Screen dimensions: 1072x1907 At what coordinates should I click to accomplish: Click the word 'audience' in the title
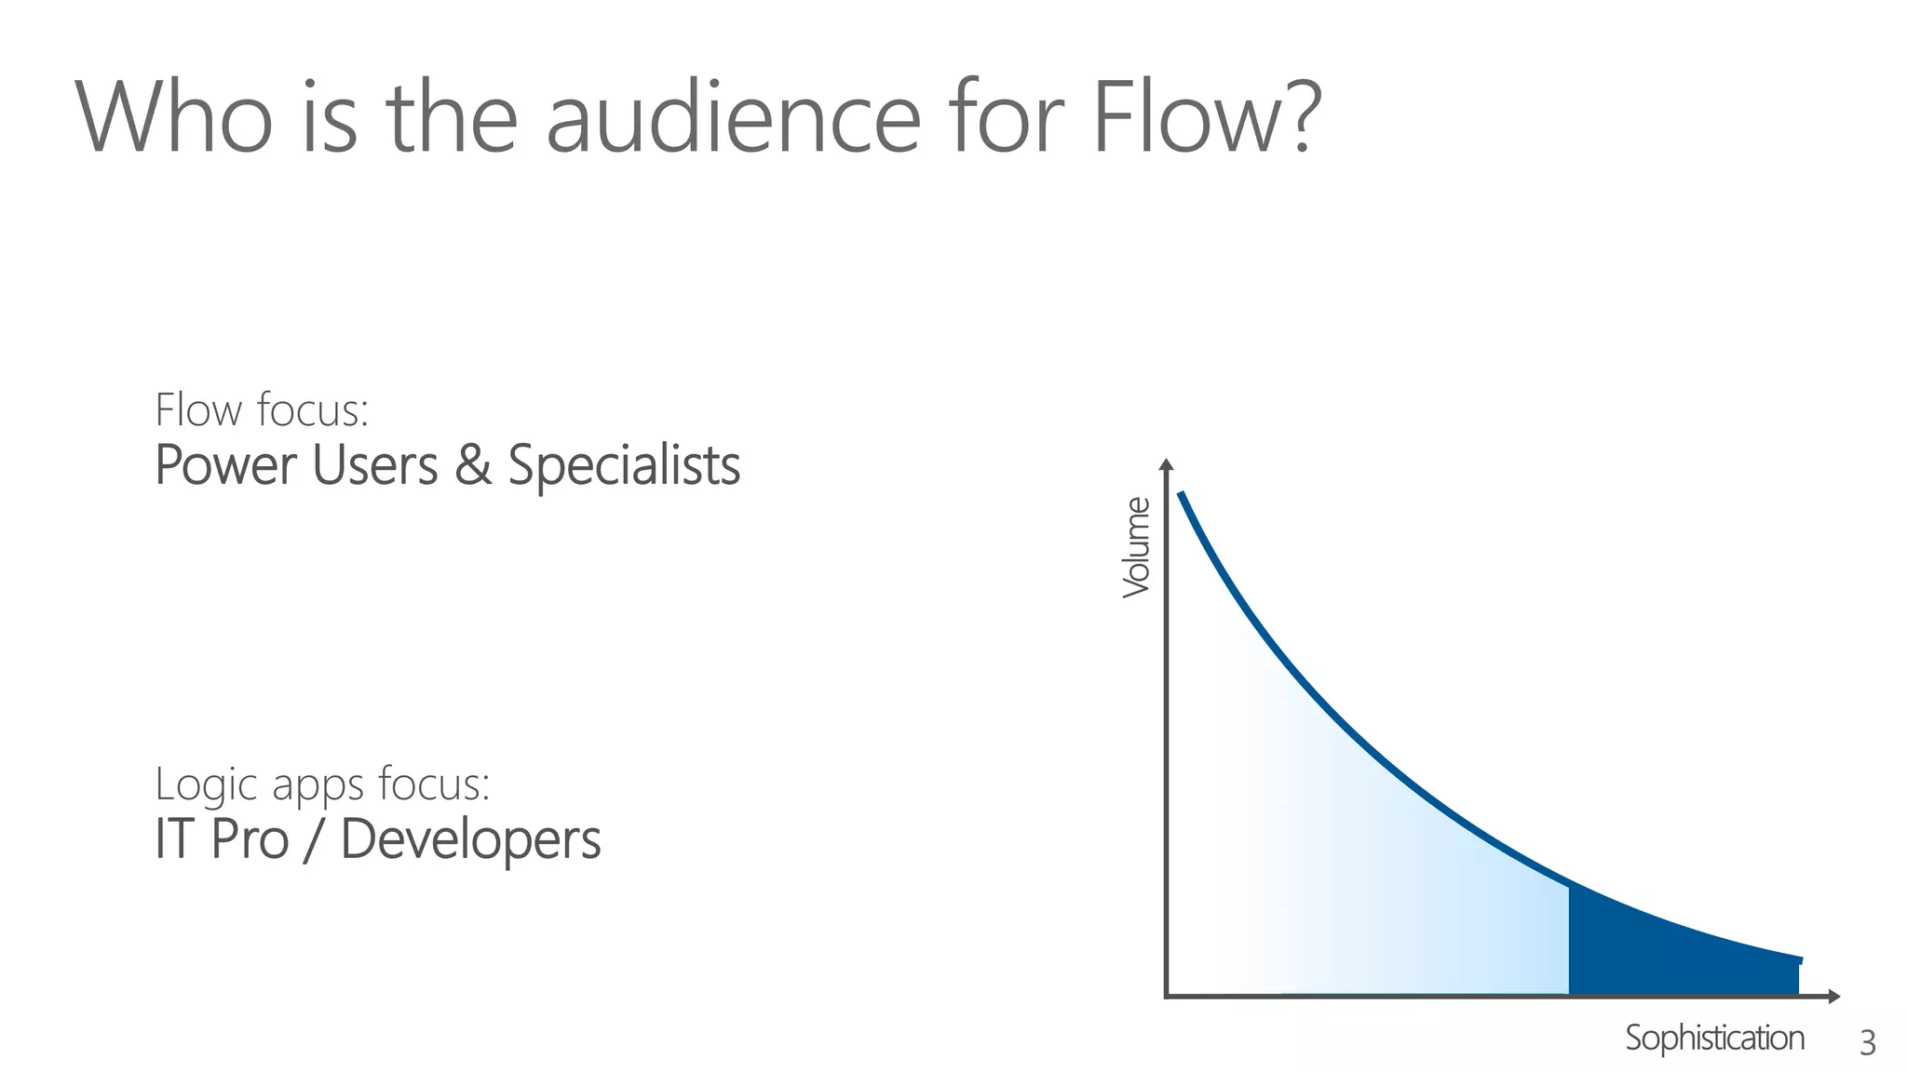tap(733, 119)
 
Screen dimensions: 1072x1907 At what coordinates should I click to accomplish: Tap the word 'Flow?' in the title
tap(1206, 119)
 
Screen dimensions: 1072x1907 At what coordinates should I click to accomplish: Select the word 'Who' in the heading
tap(174, 119)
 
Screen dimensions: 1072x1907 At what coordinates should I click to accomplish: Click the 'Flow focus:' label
tap(262, 410)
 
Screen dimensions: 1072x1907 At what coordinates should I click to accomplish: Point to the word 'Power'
tap(225, 465)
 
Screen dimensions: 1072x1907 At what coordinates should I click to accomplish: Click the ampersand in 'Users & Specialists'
tap(473, 465)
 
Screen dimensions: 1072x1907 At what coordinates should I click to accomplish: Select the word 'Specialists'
tap(624, 465)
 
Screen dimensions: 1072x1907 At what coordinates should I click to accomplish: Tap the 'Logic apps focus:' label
tap(322, 784)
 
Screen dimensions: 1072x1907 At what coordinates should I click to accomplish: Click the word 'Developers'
tap(470, 839)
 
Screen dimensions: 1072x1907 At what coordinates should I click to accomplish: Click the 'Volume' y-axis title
tap(1136, 547)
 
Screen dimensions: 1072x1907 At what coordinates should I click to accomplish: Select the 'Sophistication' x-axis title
tap(1714, 1038)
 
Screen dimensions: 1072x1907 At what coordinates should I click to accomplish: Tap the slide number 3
tap(1867, 1043)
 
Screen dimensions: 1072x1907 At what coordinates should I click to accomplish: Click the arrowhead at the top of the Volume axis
tap(1166, 464)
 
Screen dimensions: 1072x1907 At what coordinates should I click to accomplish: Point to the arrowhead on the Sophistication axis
tap(1833, 997)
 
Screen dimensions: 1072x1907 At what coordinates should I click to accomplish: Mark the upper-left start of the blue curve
tap(1182, 495)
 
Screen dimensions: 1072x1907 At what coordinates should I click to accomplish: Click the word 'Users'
tap(375, 465)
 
